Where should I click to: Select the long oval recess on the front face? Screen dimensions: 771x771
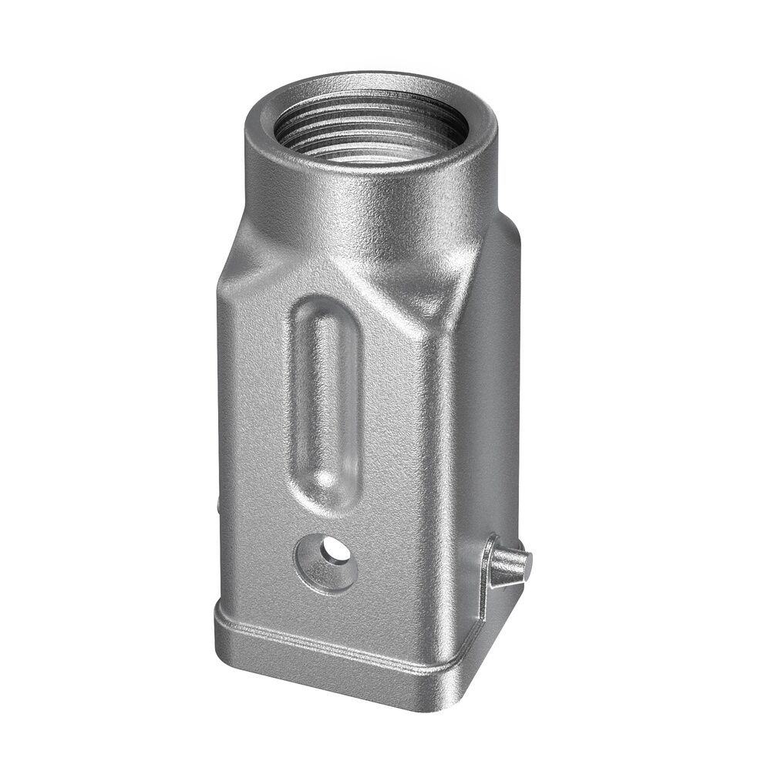324,401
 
